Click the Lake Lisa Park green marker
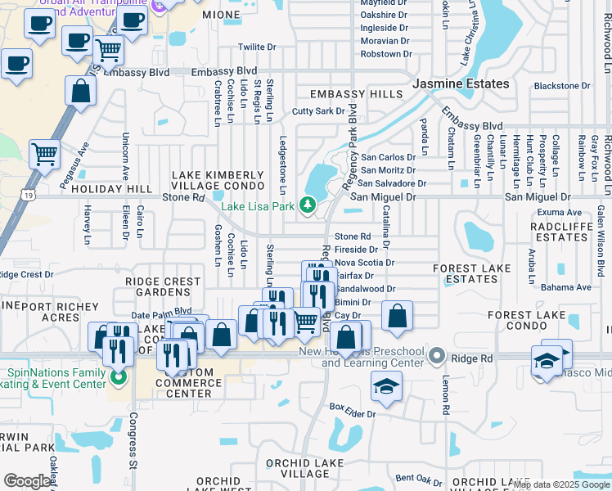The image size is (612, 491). click(x=308, y=205)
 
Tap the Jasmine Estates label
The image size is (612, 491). click(x=461, y=83)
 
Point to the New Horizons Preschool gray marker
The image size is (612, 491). click(x=437, y=356)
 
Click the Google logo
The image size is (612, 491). click(x=27, y=481)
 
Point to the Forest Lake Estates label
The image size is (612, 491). click(x=465, y=273)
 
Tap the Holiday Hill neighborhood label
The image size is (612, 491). click(x=112, y=189)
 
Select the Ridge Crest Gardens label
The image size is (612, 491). click(x=163, y=286)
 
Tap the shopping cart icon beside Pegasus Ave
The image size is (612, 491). click(x=44, y=153)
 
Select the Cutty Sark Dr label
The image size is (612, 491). click(x=318, y=111)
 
